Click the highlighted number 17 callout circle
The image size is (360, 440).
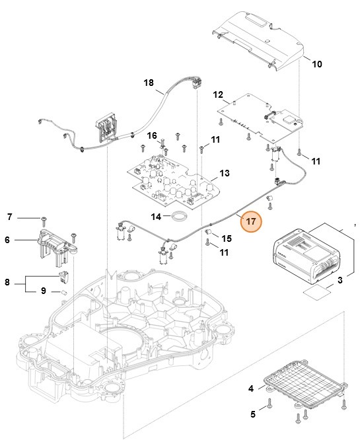click(x=251, y=223)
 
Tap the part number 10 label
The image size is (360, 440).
click(x=316, y=64)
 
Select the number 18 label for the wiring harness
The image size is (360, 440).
click(x=148, y=83)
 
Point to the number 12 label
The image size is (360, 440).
click(x=219, y=95)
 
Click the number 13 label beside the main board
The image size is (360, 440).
click(x=225, y=173)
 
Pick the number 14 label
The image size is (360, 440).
click(x=156, y=217)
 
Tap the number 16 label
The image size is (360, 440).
click(x=152, y=135)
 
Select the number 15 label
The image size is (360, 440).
click(x=226, y=238)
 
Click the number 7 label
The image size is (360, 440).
click(x=10, y=217)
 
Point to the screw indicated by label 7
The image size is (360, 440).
click(x=43, y=218)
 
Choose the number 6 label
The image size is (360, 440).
click(x=7, y=240)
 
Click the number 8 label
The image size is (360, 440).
click(x=7, y=282)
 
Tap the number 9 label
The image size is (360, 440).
click(x=43, y=291)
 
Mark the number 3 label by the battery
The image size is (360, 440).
click(x=340, y=281)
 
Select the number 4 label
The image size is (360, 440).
click(x=251, y=388)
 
